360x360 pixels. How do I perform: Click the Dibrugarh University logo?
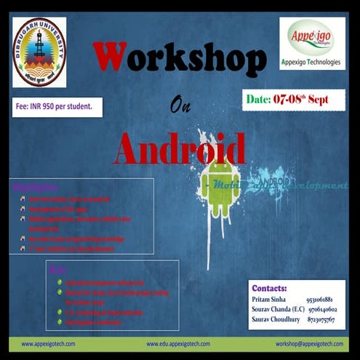pos(39,52)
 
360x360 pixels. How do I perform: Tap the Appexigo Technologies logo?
pos(312,38)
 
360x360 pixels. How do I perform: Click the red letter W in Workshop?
pos(108,59)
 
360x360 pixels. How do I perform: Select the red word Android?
pos(179,148)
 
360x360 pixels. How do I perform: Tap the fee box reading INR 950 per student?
pos(57,106)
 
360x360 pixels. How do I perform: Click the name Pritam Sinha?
pos(271,299)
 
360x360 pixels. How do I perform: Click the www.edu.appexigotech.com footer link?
pos(178,343)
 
